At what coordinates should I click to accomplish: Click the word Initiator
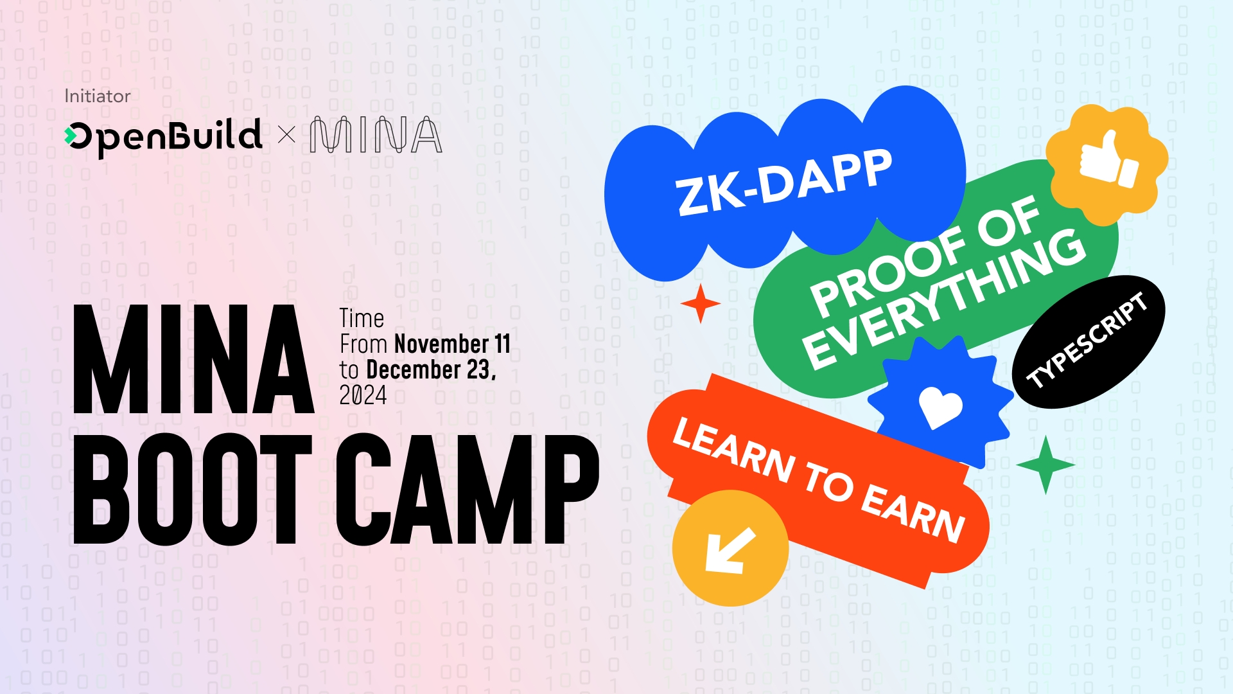[x=97, y=96]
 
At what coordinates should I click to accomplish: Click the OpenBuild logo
[x=163, y=137]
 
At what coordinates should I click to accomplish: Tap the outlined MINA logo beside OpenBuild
[x=376, y=135]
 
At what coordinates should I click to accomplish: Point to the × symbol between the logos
[x=286, y=135]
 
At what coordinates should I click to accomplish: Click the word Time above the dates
[x=362, y=318]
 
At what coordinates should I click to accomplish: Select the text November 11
[x=453, y=344]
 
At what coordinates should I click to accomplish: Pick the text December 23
[x=431, y=369]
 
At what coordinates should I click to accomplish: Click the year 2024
[x=363, y=395]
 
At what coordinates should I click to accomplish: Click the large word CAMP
[x=468, y=489]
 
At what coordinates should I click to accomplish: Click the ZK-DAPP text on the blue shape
[x=784, y=182]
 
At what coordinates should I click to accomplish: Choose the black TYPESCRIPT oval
[x=1089, y=341]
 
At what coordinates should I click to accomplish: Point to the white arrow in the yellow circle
[x=730, y=549]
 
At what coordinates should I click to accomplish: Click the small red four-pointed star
[x=700, y=303]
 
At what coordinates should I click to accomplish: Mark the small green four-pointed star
[x=1045, y=465]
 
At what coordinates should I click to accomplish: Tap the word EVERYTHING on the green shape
[x=944, y=299]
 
